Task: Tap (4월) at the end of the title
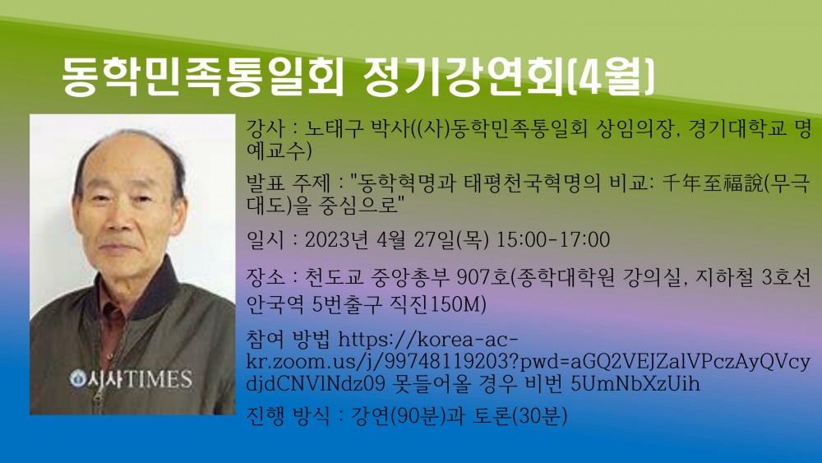611,77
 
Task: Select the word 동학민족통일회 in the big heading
202,77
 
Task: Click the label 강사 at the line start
266,129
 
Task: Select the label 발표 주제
288,183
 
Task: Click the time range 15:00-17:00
552,239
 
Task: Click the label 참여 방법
288,340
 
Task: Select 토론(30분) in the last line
520,417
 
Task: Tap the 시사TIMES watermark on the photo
132,379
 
